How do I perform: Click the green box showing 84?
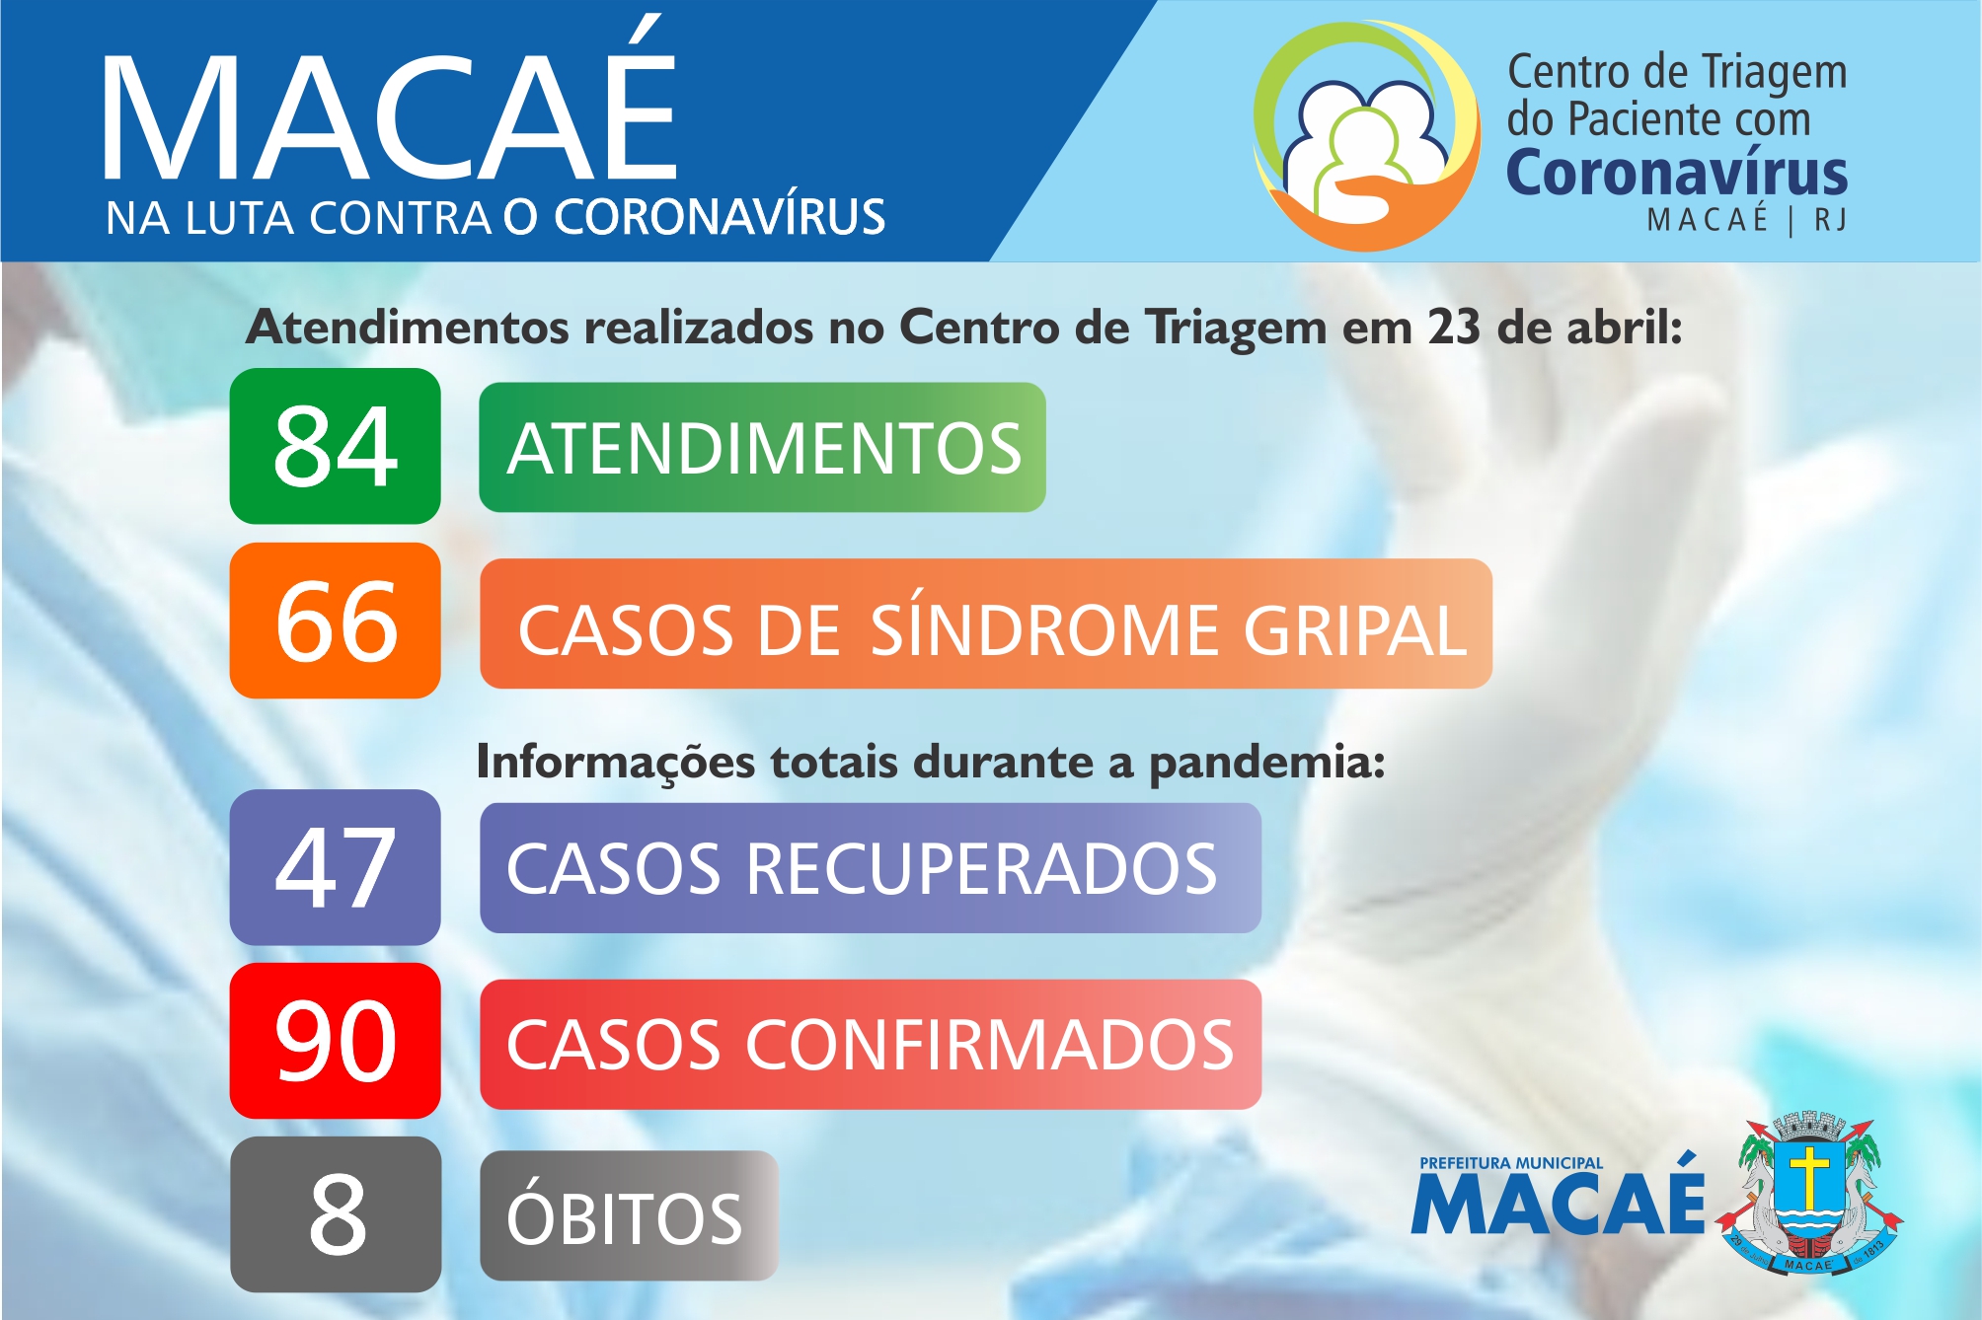pyautogui.click(x=336, y=446)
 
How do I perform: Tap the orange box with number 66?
pyautogui.click(x=336, y=621)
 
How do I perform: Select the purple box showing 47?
pyautogui.click(x=336, y=867)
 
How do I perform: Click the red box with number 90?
pyautogui.click(x=336, y=1041)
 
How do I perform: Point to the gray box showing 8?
pyautogui.click(x=336, y=1214)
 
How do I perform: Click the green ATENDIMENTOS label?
pyautogui.click(x=762, y=447)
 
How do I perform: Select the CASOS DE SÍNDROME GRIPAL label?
pyautogui.click(x=986, y=623)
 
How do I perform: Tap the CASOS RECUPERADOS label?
pyautogui.click(x=871, y=868)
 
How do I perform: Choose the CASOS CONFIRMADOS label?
pyautogui.click(x=871, y=1045)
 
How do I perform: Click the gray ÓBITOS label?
pyautogui.click(x=629, y=1216)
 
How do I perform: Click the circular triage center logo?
pyautogui.click(x=1367, y=135)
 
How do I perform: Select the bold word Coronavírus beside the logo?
pyautogui.click(x=1677, y=173)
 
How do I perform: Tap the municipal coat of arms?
pyautogui.click(x=1810, y=1193)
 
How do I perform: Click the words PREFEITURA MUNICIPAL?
pyautogui.click(x=1511, y=1163)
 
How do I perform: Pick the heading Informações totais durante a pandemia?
pyautogui.click(x=931, y=762)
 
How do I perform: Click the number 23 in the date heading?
pyautogui.click(x=1454, y=327)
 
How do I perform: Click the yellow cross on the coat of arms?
pyautogui.click(x=1809, y=1175)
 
